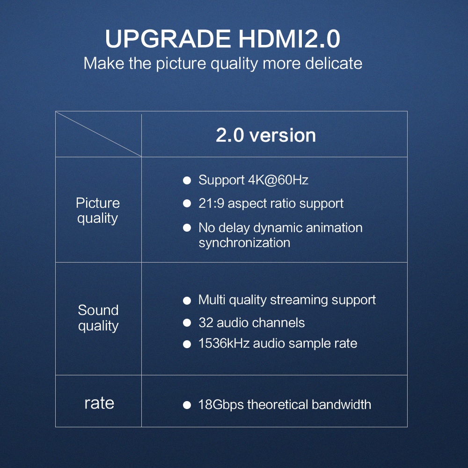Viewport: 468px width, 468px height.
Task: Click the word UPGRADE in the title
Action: point(168,39)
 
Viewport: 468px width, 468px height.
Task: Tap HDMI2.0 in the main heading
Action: point(289,39)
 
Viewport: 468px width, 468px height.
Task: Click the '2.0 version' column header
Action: point(266,135)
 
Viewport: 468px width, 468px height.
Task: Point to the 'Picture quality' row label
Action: point(98,211)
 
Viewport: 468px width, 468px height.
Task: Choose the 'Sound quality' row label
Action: point(98,318)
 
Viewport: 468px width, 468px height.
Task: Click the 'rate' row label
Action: point(99,403)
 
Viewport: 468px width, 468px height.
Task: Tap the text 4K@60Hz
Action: point(278,180)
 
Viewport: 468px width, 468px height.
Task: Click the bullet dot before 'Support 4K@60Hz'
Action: point(187,180)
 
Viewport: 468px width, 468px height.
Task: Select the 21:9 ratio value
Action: point(212,204)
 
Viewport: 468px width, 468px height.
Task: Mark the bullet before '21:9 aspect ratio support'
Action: point(187,204)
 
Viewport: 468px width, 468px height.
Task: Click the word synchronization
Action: point(244,242)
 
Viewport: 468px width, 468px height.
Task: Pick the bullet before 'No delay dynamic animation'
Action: point(187,228)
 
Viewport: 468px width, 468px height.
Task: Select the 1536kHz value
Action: point(224,343)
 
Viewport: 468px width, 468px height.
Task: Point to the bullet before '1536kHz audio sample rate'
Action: point(187,344)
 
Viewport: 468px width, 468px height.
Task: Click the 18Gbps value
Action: point(221,405)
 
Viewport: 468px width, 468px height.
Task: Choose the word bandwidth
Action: point(342,404)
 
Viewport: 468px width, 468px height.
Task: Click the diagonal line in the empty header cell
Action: point(98,134)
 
